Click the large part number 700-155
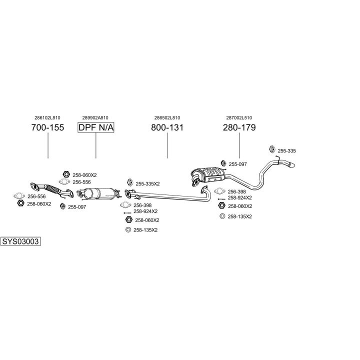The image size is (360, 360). coord(48,127)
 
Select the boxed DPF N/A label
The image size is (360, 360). coord(95,127)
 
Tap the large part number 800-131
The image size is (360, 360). coord(167,127)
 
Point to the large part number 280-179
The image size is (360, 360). coord(239,127)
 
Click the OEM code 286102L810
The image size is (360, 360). coord(47,118)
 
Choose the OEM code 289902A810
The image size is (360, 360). coord(95,118)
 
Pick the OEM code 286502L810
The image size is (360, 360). coord(167,118)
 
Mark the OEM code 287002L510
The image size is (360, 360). coord(239,118)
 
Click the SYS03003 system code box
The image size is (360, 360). coord(20,241)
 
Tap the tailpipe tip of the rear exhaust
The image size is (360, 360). coord(291,165)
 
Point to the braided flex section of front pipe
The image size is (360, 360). coord(52,189)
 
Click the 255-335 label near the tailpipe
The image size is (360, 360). coord(287,151)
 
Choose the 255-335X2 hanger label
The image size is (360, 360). coord(147,184)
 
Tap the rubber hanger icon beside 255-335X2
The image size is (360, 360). coord(130,182)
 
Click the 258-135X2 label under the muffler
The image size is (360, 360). coord(239,216)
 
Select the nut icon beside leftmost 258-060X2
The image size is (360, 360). coord(20,203)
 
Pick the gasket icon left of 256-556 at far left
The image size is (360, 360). coord(19,196)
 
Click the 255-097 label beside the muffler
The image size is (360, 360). coord(237,164)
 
